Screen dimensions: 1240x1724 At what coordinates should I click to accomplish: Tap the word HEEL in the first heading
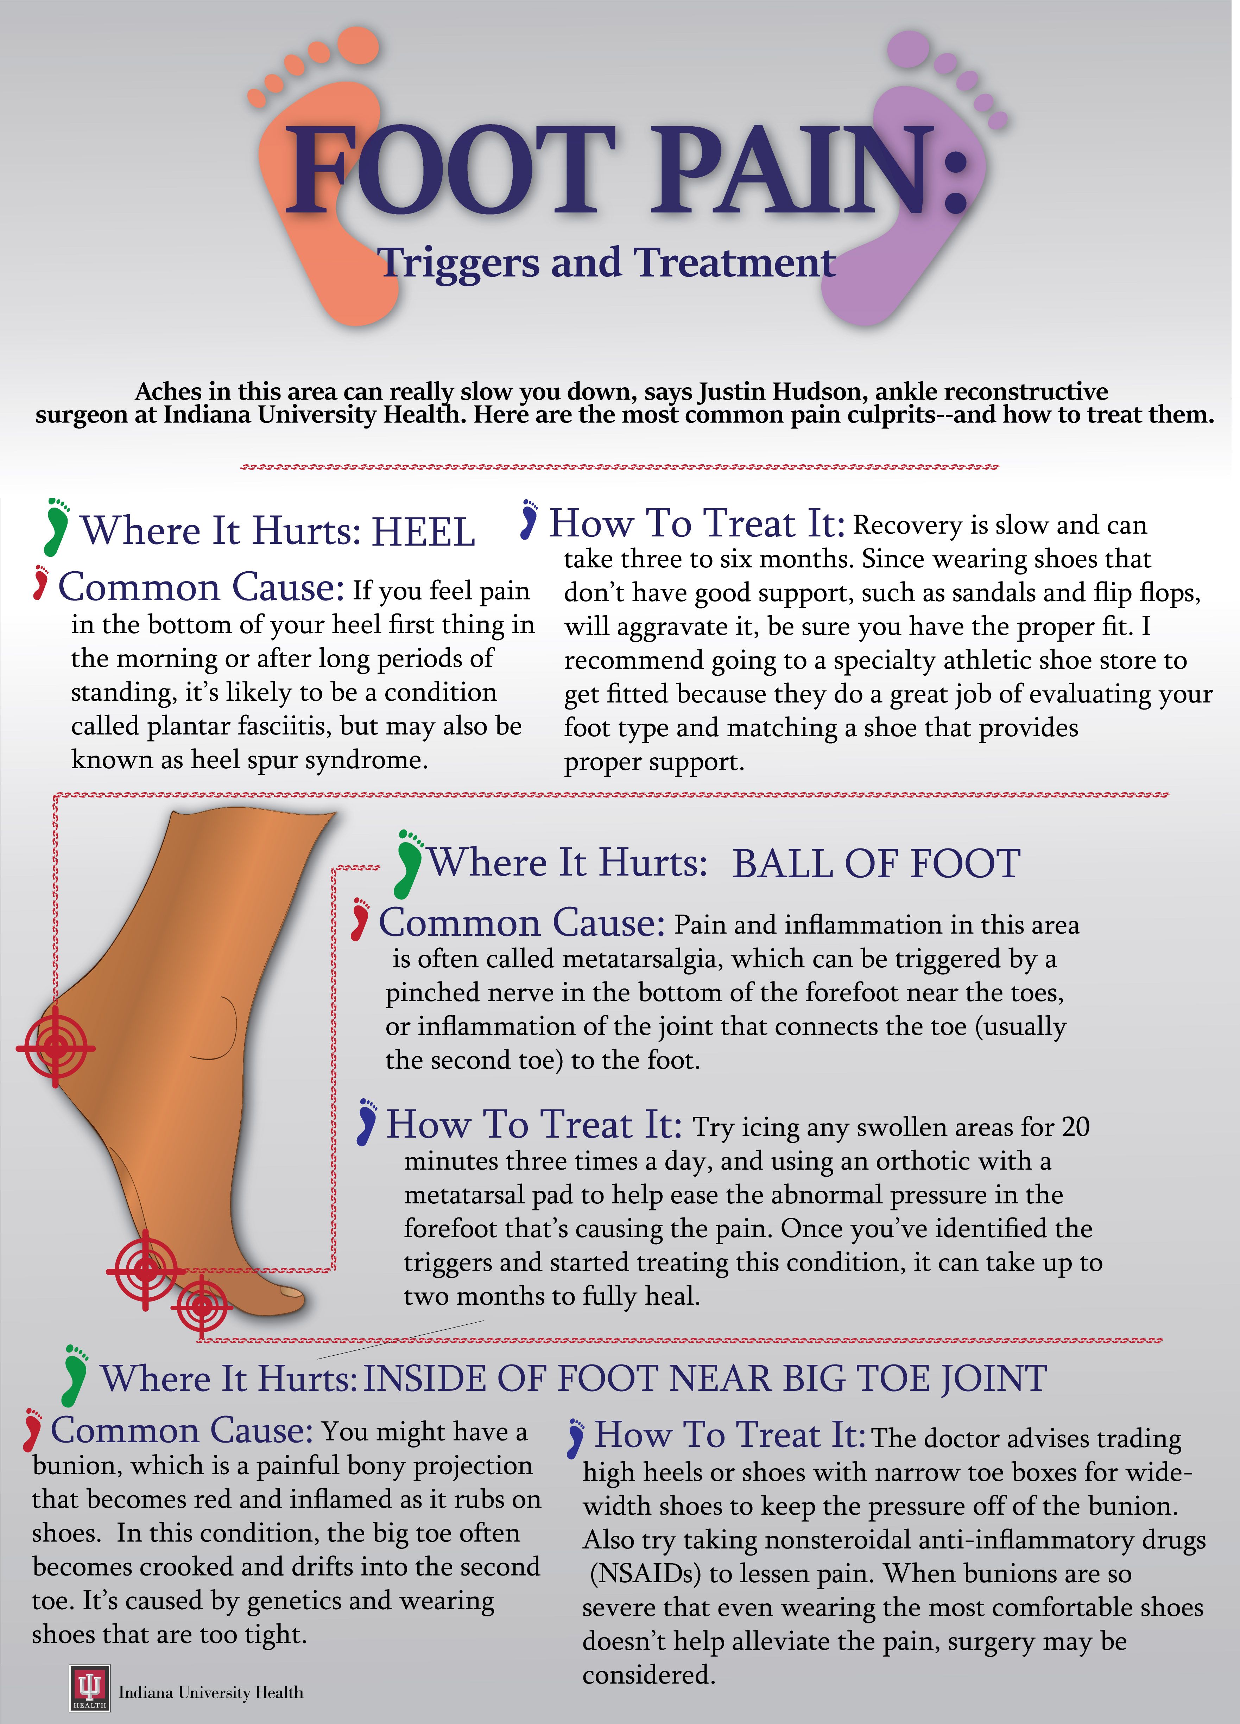click(x=423, y=531)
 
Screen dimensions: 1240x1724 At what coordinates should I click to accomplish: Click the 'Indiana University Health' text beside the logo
click(x=210, y=1693)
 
